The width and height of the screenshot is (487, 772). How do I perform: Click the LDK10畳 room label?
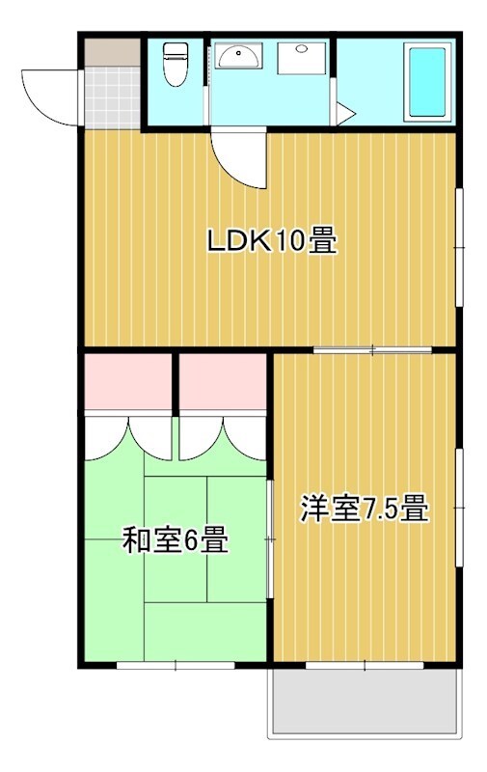click(272, 240)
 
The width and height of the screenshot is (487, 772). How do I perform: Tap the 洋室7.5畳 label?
click(365, 509)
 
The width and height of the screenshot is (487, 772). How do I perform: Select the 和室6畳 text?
click(176, 539)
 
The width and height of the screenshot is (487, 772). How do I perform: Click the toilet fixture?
click(176, 64)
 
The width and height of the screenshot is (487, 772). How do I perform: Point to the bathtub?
click(427, 82)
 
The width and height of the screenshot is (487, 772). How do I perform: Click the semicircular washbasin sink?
click(238, 56)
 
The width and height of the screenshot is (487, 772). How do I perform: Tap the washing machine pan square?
click(302, 58)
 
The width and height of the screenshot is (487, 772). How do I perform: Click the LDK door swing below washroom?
click(239, 158)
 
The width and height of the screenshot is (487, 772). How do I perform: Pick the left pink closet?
click(128, 381)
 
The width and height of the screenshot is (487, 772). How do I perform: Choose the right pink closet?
click(223, 381)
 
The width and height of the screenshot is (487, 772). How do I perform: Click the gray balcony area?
click(365, 702)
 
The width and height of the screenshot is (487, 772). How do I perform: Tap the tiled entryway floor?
click(113, 97)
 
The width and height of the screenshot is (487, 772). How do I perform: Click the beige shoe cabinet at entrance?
click(113, 52)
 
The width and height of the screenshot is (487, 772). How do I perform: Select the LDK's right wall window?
click(459, 247)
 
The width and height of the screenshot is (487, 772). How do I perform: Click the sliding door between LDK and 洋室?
click(372, 350)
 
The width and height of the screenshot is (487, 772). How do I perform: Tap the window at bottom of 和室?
click(176, 665)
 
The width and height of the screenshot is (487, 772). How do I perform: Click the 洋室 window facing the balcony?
click(365, 665)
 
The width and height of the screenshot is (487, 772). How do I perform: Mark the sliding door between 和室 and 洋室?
click(270, 539)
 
